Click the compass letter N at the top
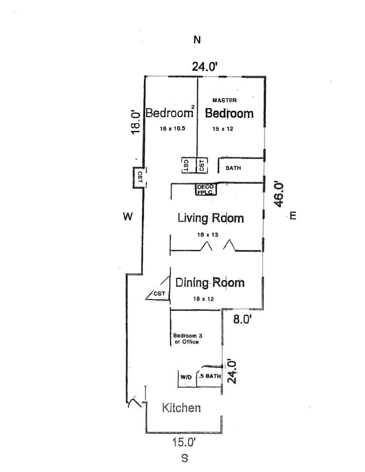(197, 40)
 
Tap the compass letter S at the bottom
(185, 458)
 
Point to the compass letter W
(128, 217)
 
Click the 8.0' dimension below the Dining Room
(242, 319)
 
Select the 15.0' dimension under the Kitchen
(184, 442)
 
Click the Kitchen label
(182, 408)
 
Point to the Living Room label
(210, 218)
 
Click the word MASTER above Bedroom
(224, 100)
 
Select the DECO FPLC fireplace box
(205, 190)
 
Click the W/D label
(186, 377)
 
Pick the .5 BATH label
(210, 377)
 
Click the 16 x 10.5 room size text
(172, 129)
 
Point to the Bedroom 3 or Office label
(187, 339)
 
